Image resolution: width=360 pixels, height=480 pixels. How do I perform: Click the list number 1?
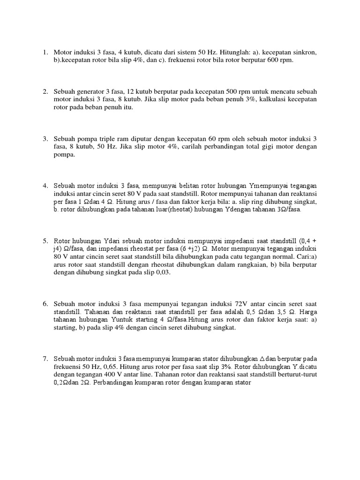click(45, 52)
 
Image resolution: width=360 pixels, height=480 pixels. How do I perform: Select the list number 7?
click(45, 359)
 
